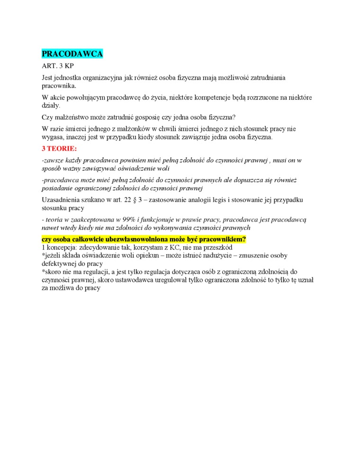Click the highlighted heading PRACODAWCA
(72, 54)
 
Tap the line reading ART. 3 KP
(57, 66)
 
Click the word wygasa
(53, 138)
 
